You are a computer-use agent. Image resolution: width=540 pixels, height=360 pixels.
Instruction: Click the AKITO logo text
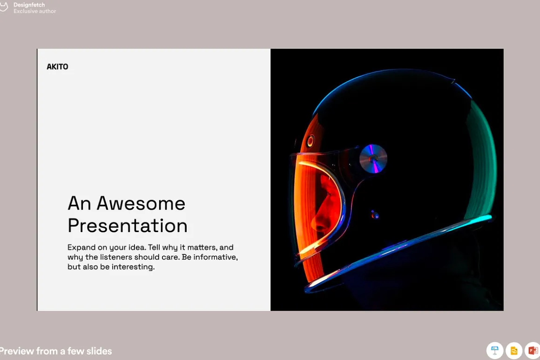(58, 67)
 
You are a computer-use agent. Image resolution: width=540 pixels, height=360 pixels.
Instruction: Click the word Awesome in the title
(141, 203)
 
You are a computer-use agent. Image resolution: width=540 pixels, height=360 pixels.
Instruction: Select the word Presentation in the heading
(128, 226)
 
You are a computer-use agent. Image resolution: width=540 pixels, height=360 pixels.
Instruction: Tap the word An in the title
(79, 203)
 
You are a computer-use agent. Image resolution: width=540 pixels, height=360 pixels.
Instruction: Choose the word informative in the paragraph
(215, 257)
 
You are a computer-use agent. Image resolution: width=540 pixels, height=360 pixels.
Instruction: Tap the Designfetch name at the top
(29, 5)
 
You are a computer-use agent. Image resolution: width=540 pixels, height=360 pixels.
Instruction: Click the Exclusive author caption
(35, 11)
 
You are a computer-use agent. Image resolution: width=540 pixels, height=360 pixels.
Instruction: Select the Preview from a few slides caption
(55, 351)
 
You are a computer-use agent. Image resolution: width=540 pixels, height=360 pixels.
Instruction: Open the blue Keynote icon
(494, 350)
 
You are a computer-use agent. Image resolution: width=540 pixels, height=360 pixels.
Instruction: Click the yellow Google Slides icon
(514, 350)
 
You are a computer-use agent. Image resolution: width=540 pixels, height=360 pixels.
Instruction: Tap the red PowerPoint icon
(533, 350)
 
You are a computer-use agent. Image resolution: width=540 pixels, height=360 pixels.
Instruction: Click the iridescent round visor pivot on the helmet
(373, 159)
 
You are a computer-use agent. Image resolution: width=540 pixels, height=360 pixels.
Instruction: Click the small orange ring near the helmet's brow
(310, 140)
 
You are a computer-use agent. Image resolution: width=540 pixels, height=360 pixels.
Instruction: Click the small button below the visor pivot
(375, 215)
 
